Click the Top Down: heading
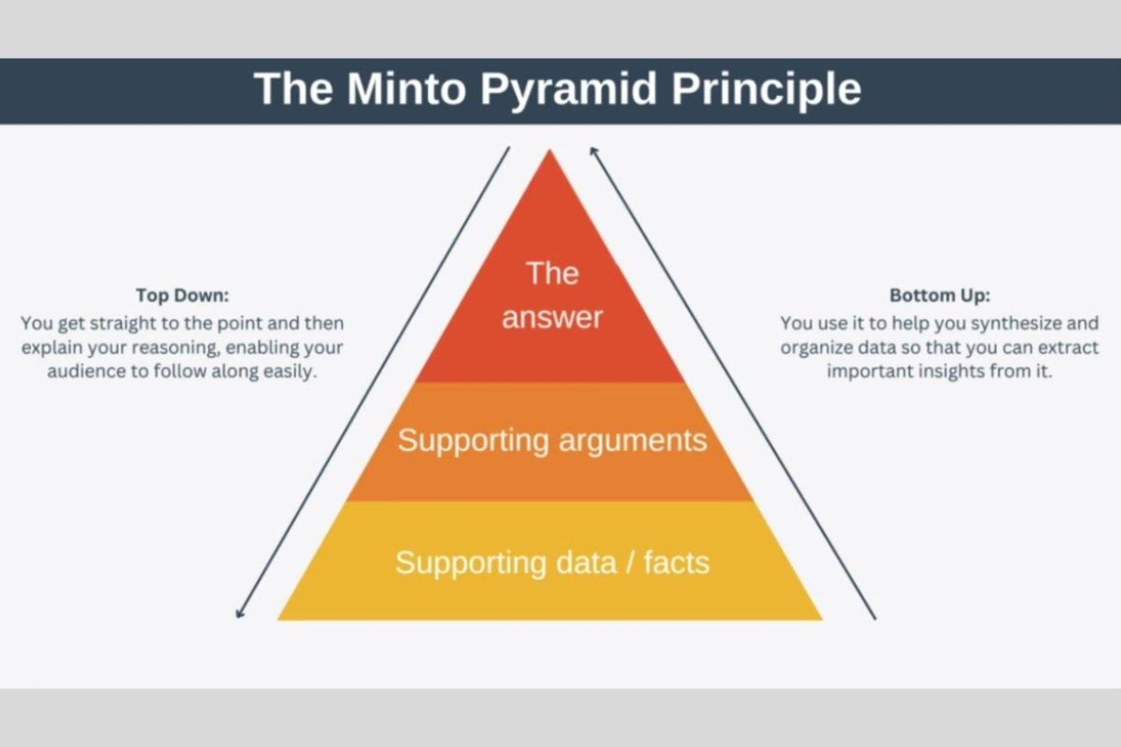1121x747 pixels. [x=182, y=295]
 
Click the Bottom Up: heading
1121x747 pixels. [x=940, y=295]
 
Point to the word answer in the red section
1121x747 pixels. [x=552, y=317]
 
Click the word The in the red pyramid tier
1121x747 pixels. [x=552, y=274]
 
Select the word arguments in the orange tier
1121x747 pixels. [x=631, y=440]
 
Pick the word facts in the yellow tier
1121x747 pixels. [x=675, y=562]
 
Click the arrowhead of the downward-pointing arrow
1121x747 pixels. [x=239, y=613]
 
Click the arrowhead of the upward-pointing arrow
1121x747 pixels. [x=592, y=149]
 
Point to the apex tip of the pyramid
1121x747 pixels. [x=550, y=152]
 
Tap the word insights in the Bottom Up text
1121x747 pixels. [x=967, y=371]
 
